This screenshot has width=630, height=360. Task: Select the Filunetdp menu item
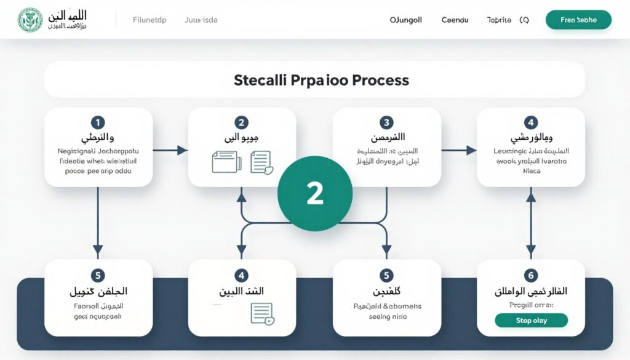[150, 20]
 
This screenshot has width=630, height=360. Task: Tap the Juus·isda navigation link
[201, 20]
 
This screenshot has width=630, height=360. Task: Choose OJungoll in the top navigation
[406, 20]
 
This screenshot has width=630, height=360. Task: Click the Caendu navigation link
[455, 20]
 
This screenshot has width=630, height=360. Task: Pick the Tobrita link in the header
[499, 20]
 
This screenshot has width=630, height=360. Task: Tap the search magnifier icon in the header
[524, 20]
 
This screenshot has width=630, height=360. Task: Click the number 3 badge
[386, 122]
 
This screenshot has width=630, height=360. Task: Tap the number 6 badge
[531, 275]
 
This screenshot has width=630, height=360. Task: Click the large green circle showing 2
[314, 193]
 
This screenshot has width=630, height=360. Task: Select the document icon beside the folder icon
[261, 162]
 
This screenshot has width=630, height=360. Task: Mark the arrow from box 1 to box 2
[170, 150]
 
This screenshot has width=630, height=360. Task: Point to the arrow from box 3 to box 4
[459, 150]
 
